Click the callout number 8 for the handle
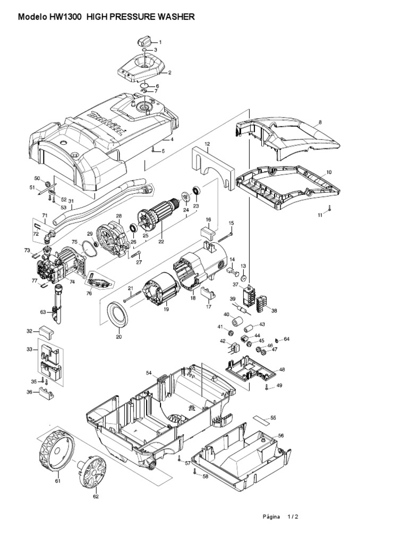[x=320, y=122]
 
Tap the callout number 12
[x=207, y=144]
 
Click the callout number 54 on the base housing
[x=149, y=373]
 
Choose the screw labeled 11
[x=329, y=208]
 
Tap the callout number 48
[x=282, y=369]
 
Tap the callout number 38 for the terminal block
[x=274, y=311]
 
